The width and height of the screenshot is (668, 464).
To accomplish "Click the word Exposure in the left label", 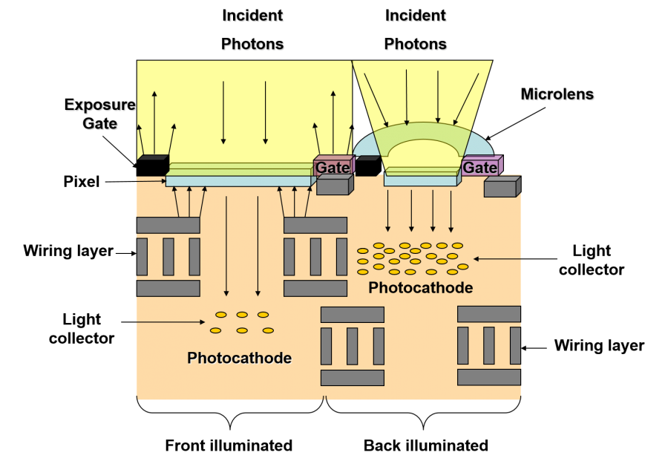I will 100,105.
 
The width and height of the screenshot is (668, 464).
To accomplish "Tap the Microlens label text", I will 557,95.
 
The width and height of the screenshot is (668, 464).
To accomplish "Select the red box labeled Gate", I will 331,168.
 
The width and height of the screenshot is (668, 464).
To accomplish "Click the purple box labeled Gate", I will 479,168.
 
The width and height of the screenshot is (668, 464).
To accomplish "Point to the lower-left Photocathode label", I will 239,359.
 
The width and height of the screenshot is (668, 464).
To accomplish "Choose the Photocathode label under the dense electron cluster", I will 420,288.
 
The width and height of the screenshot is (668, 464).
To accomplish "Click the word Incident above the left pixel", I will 253,16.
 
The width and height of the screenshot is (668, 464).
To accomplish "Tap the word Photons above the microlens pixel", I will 416,45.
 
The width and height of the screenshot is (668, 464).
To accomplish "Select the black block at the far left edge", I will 151,165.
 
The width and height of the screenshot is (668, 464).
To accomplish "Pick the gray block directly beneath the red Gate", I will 333,187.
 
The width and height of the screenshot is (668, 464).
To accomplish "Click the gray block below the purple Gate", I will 500,189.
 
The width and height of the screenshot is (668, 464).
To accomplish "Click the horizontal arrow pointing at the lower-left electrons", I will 171,322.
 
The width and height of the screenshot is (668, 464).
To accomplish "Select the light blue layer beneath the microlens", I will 420,180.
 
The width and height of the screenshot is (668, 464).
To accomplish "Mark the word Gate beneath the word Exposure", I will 100,124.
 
